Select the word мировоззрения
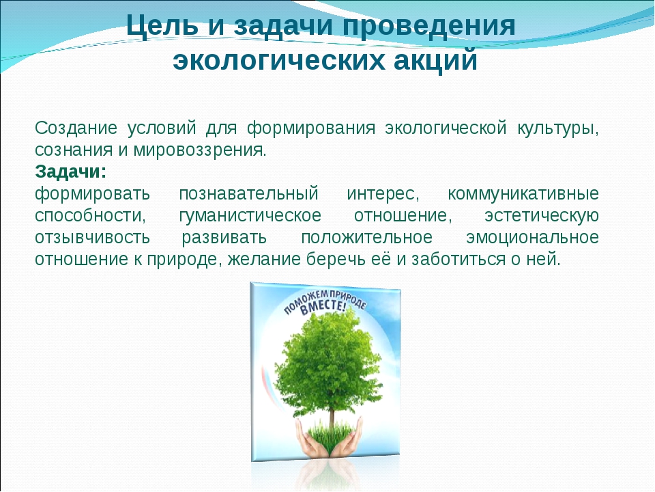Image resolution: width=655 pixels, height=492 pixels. (x=200, y=150)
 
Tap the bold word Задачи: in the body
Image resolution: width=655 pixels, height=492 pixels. (x=70, y=172)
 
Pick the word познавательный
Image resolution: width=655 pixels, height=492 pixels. (x=248, y=194)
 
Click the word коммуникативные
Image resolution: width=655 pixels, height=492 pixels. (x=523, y=194)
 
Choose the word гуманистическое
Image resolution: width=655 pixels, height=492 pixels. (x=250, y=216)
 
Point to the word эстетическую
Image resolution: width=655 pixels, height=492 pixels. (x=541, y=216)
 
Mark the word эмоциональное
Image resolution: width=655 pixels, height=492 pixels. (x=532, y=238)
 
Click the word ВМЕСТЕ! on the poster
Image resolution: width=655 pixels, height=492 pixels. (x=323, y=307)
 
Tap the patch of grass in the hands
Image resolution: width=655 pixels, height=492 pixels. (x=329, y=433)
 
